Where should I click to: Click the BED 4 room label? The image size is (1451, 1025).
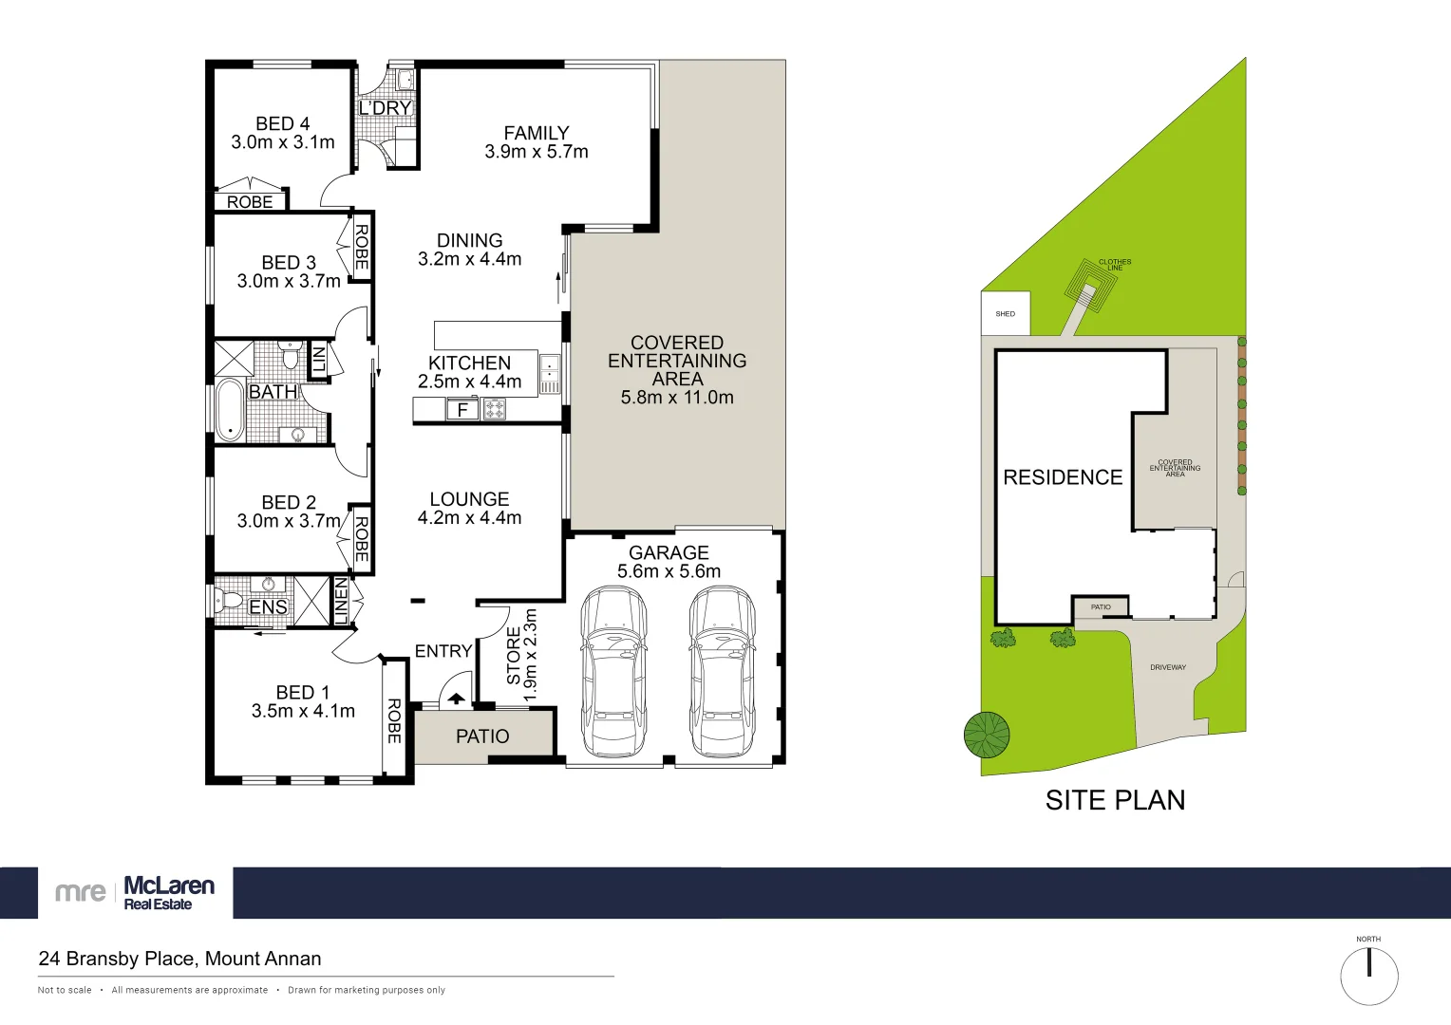point(282,124)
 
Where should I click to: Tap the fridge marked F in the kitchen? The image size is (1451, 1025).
point(462,410)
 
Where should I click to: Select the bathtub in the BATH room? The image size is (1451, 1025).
point(230,411)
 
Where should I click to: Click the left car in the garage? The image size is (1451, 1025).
point(614,671)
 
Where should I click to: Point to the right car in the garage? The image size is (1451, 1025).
point(722,671)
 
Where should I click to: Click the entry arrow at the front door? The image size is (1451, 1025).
point(456,699)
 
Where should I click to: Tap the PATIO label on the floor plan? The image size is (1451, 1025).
point(482,736)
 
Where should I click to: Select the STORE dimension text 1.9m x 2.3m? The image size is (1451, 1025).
point(530,655)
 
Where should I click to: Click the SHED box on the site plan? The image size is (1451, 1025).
point(1005,313)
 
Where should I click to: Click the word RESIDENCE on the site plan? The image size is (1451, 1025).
point(1063,477)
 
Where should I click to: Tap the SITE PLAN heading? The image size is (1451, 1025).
point(1115,800)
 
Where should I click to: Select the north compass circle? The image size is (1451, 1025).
point(1368,976)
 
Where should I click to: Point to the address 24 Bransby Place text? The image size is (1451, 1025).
point(179,959)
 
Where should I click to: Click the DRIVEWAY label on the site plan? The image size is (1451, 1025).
point(1168,667)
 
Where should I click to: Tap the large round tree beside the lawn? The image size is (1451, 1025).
point(987,735)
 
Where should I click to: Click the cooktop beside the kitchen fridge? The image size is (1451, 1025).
point(495,410)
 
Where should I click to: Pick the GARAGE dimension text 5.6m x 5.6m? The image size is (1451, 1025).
point(669,571)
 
